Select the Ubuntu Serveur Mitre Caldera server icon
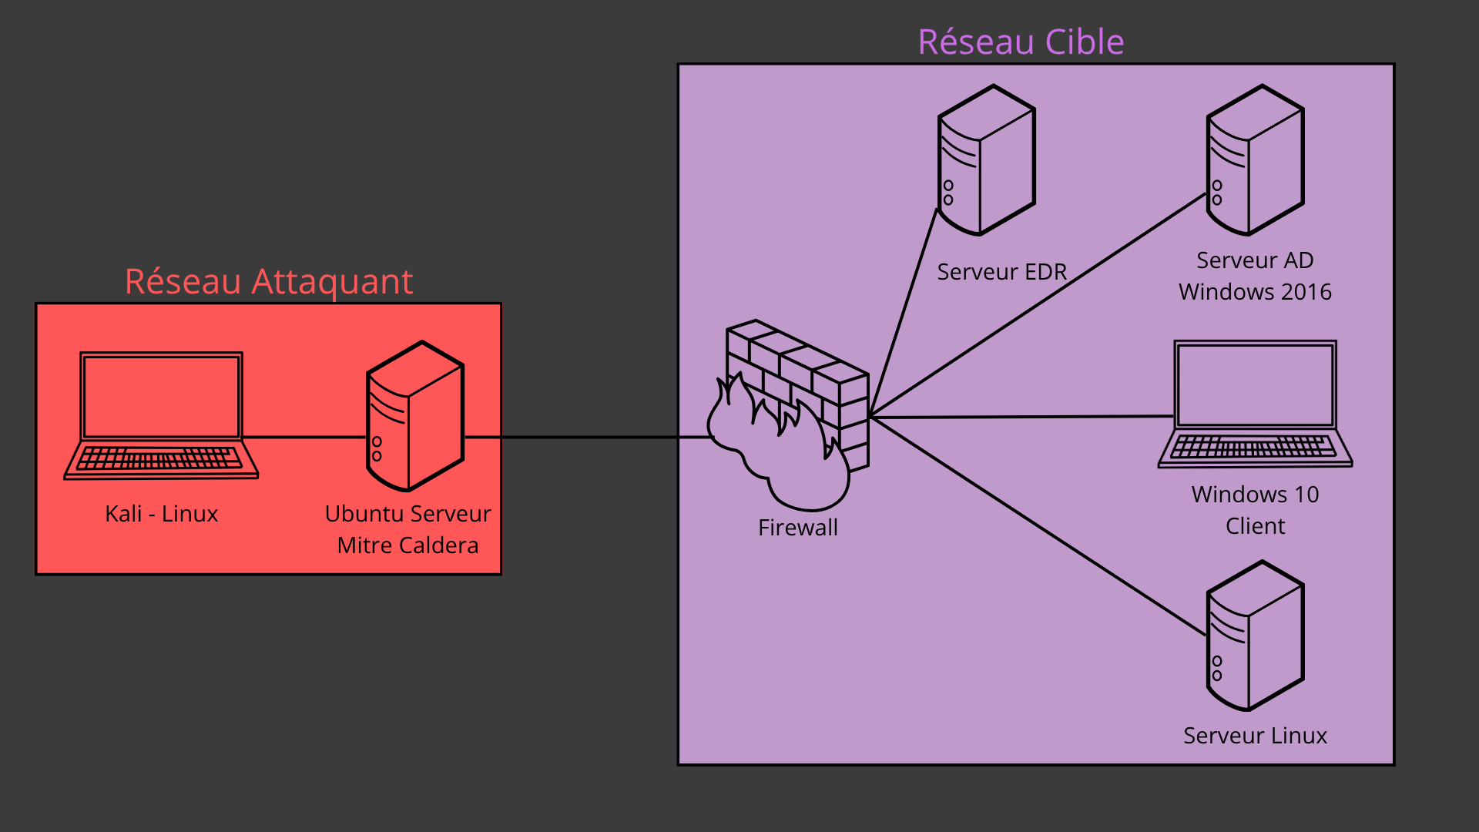tap(415, 416)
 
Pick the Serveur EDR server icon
tap(987, 160)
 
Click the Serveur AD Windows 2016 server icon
tap(1255, 160)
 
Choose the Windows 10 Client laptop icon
tap(1255, 404)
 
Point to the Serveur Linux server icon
tap(1255, 636)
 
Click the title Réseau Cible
tap(1021, 42)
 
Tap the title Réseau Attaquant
tap(269, 281)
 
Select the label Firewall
tap(797, 528)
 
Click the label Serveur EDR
tap(1001, 272)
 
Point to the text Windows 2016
tap(1255, 292)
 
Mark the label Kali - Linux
tap(161, 514)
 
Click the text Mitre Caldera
tap(407, 545)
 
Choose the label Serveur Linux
tap(1255, 736)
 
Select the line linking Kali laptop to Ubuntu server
tap(304, 438)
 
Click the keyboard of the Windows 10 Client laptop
tap(1255, 447)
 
